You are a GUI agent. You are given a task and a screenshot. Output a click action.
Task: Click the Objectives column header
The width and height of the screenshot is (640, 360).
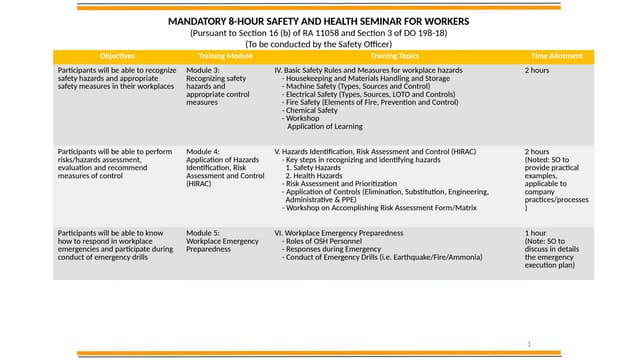click(117, 55)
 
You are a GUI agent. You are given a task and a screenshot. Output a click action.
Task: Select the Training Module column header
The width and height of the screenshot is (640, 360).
click(224, 55)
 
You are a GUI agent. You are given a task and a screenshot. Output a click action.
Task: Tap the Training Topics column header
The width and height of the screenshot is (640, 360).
click(395, 55)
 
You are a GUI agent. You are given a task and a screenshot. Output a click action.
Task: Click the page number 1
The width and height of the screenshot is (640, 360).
click(528, 343)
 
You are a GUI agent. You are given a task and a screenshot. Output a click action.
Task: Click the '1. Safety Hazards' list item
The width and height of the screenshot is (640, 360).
click(318, 167)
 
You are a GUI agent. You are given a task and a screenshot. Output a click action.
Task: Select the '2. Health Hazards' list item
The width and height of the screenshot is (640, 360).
click(318, 175)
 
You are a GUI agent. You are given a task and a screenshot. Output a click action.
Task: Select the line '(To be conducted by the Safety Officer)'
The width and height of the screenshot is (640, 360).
click(319, 43)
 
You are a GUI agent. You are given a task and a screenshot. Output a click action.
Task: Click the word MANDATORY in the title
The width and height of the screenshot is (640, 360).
click(196, 21)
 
